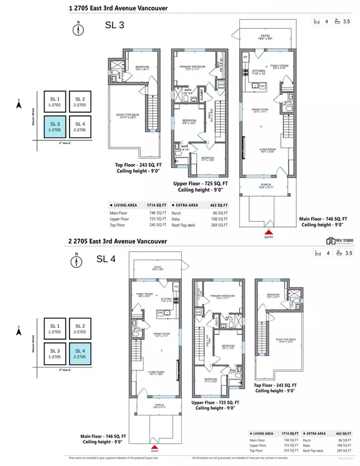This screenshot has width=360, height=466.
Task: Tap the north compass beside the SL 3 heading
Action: pos(77,28)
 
